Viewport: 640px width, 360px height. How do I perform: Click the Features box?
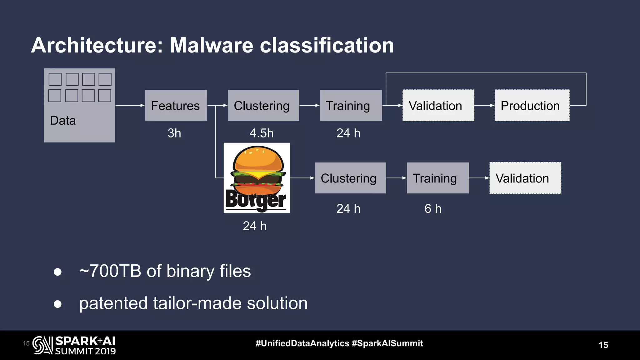(x=176, y=105)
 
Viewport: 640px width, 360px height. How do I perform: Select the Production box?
(x=532, y=105)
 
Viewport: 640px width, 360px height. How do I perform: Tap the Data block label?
(x=63, y=121)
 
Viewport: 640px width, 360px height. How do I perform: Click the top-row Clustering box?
(x=263, y=105)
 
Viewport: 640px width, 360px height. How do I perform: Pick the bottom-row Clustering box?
(x=350, y=178)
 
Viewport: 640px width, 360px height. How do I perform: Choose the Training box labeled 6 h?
(x=437, y=178)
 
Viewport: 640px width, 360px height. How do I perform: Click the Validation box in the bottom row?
(x=525, y=178)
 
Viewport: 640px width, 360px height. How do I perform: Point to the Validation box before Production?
(x=438, y=105)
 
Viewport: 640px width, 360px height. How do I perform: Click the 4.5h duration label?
(x=261, y=133)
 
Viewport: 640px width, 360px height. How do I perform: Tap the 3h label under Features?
(x=174, y=133)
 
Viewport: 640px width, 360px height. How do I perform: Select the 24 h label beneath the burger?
(x=255, y=226)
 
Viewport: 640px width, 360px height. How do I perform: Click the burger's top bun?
(x=258, y=159)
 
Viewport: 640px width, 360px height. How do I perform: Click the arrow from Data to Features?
(x=130, y=105)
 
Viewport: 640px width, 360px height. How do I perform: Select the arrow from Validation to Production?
(x=484, y=105)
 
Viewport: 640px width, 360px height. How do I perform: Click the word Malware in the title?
(x=211, y=45)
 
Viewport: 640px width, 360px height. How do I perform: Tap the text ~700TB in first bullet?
(x=110, y=271)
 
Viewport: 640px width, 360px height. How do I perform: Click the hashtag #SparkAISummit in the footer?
(x=387, y=343)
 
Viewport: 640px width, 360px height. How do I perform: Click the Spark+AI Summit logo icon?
(x=42, y=345)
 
